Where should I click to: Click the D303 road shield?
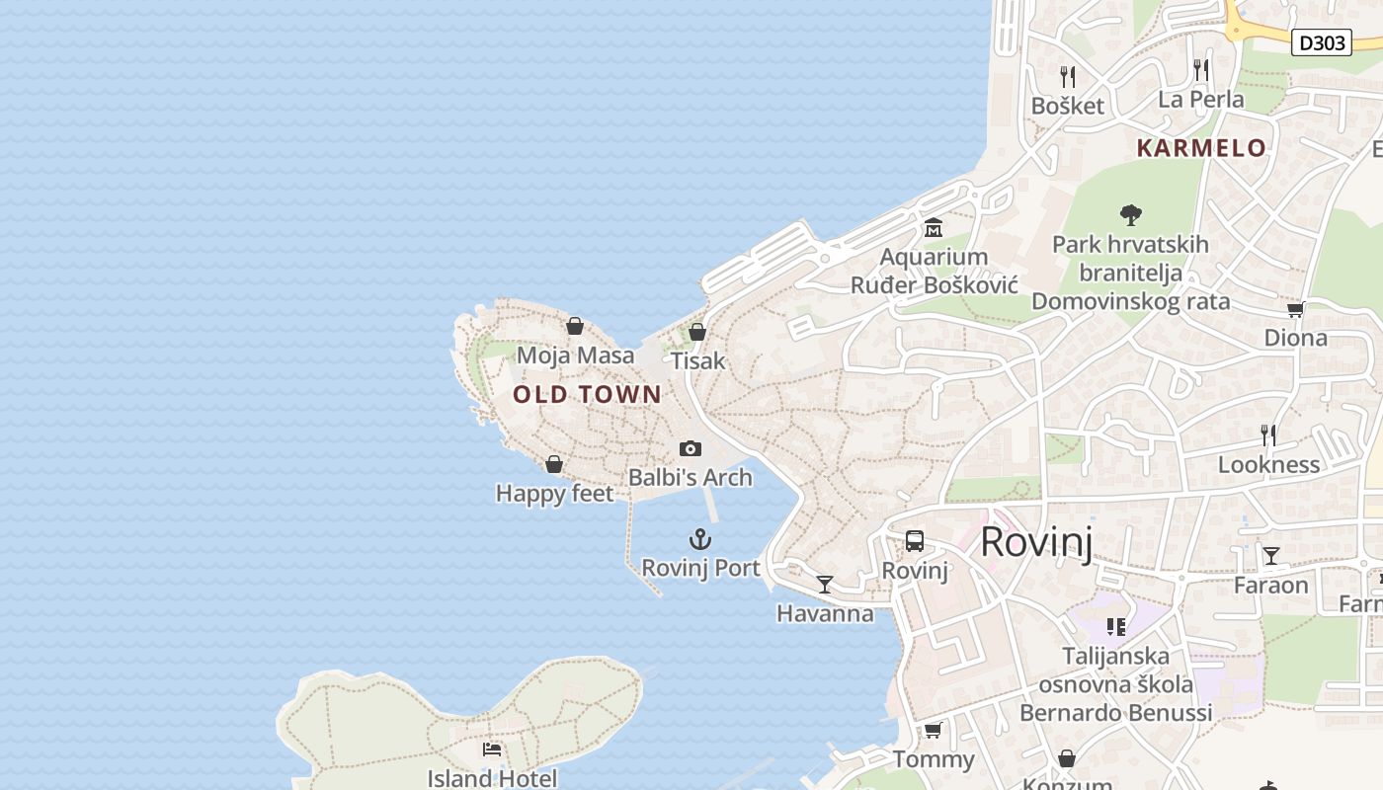(x=1322, y=42)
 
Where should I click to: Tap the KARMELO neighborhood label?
(x=1201, y=148)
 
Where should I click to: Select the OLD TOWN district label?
(x=587, y=395)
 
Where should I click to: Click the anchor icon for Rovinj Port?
(x=699, y=539)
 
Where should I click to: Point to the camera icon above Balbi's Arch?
(x=691, y=449)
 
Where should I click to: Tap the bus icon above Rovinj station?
(x=915, y=541)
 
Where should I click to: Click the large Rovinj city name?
(x=1036, y=542)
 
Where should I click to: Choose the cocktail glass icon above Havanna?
(x=825, y=585)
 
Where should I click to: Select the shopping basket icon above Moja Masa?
(x=575, y=326)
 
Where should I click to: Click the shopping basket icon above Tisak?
(x=697, y=332)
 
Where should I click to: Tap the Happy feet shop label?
(x=554, y=493)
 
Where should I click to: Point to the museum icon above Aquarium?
(x=934, y=229)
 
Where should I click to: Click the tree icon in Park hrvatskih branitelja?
(x=1131, y=214)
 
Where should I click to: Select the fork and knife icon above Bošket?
(x=1067, y=76)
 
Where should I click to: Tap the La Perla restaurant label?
(x=1201, y=100)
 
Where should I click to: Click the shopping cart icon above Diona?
(x=1295, y=309)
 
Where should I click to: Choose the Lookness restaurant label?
(x=1268, y=464)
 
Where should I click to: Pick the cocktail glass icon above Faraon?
(x=1271, y=556)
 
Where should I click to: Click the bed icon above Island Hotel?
(x=492, y=750)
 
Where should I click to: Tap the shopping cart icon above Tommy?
(x=933, y=731)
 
